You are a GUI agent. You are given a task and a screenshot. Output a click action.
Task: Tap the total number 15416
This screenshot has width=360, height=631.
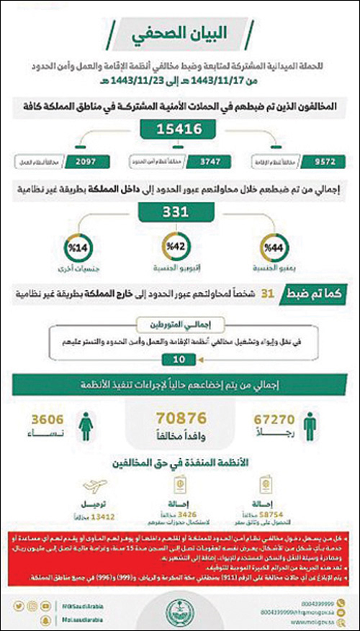pyautogui.click(x=180, y=129)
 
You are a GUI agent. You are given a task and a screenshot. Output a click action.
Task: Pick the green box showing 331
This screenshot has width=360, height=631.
pyautogui.click(x=180, y=213)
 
